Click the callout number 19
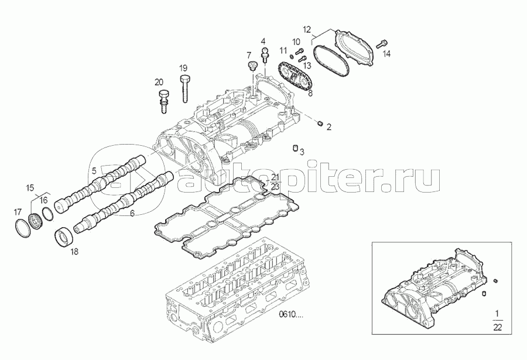coord(183,68)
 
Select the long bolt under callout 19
coord(185,89)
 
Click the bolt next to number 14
coord(382,44)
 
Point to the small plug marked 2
coord(320,124)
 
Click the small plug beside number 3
coord(295,148)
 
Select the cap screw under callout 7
coord(252,66)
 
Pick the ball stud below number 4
coord(266,54)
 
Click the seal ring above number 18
coord(63,238)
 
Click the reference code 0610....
coord(290,314)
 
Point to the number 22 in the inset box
coord(497,327)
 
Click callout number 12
coord(307,29)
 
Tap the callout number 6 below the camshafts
coord(132,213)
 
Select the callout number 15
coord(30,187)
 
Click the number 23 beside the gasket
coord(275,187)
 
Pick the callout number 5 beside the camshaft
coord(94,171)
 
